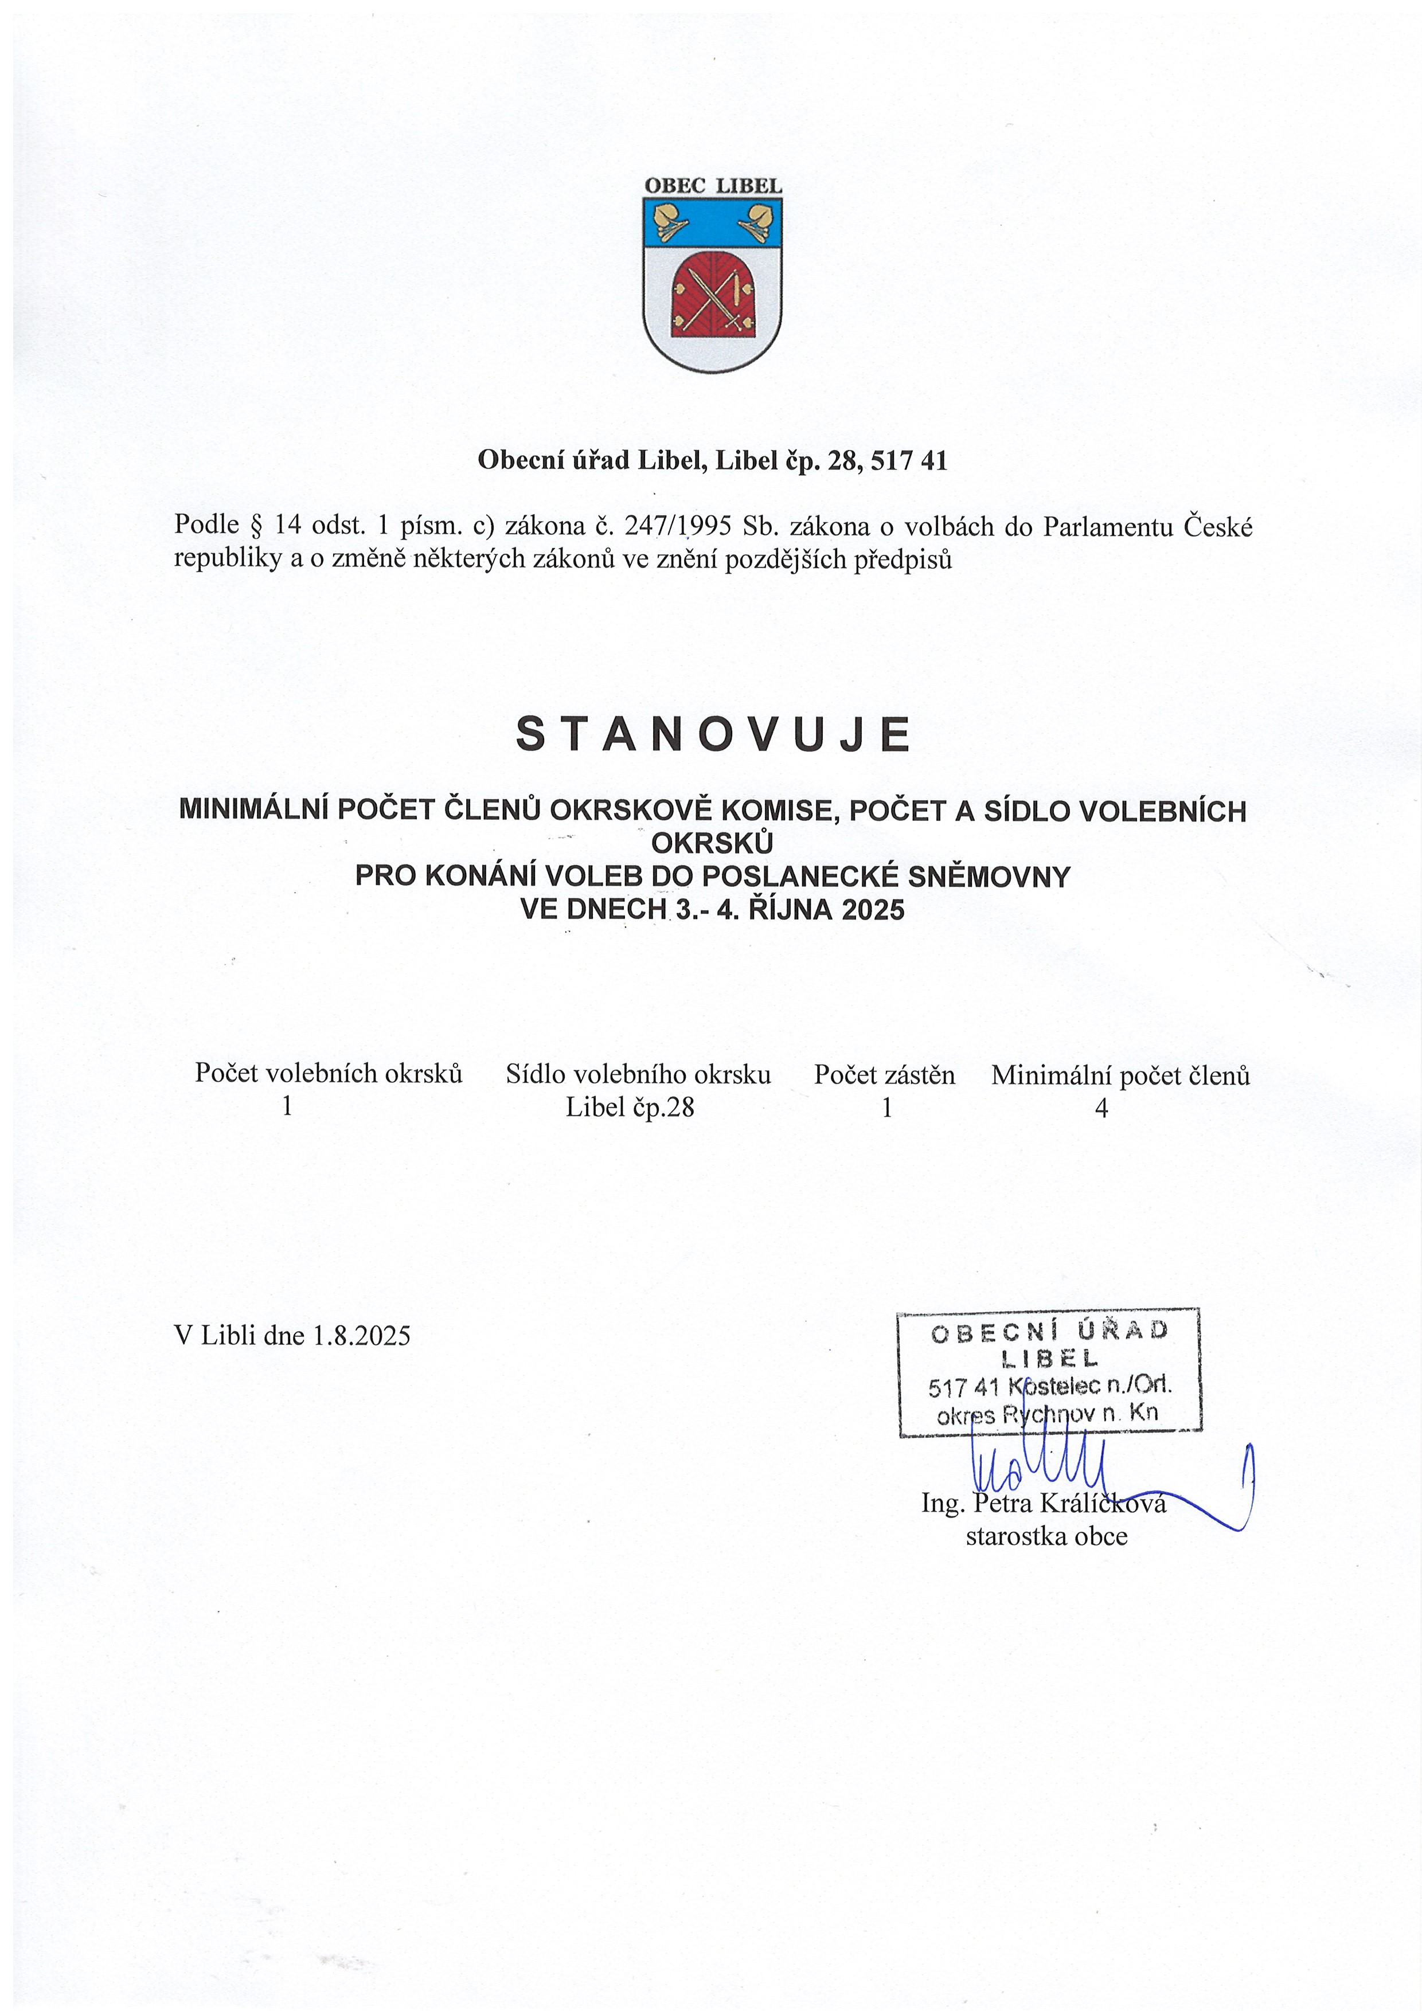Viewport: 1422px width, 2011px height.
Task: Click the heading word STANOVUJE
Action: [713, 734]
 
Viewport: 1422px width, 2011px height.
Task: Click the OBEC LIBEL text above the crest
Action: [712, 186]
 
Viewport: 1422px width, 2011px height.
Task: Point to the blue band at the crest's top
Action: [712, 222]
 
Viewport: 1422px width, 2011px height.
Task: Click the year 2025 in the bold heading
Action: [873, 910]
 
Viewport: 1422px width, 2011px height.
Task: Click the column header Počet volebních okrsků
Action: [329, 1073]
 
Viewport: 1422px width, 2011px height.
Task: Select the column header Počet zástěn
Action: [884, 1075]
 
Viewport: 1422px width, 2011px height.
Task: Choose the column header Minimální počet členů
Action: [1120, 1075]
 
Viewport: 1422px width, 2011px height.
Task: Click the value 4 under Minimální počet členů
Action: [1101, 1109]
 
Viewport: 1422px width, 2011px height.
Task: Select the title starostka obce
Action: [1046, 1536]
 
